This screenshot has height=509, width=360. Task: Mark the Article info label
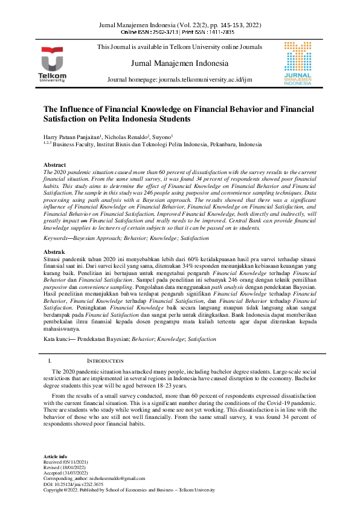56,456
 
